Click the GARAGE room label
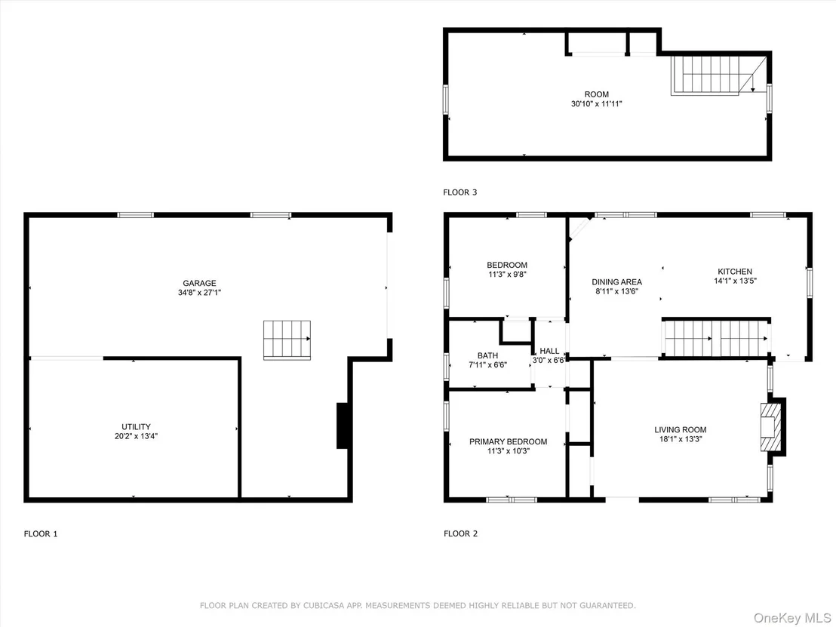(199, 283)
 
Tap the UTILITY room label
(136, 426)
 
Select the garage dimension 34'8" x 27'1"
(199, 293)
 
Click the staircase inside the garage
(287, 340)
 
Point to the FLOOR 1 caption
(41, 533)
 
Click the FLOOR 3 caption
(460, 192)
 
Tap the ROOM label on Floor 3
(597, 94)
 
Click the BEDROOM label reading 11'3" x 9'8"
(507, 265)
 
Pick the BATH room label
(488, 355)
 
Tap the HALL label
(549, 351)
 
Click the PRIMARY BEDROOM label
(508, 441)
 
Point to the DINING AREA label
(617, 282)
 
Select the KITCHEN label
(735, 272)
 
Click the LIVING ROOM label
(681, 430)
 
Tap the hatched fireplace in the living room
(771, 427)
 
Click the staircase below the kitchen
(716, 338)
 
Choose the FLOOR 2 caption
(461, 533)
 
